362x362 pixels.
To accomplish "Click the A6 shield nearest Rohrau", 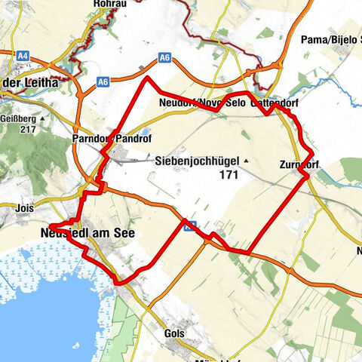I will (165, 57).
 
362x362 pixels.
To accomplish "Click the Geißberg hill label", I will (23, 118).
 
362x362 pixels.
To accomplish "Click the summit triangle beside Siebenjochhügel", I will (246, 161).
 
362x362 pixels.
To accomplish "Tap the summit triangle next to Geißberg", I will (45, 119).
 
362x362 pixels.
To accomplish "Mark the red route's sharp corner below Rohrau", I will (148, 78).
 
